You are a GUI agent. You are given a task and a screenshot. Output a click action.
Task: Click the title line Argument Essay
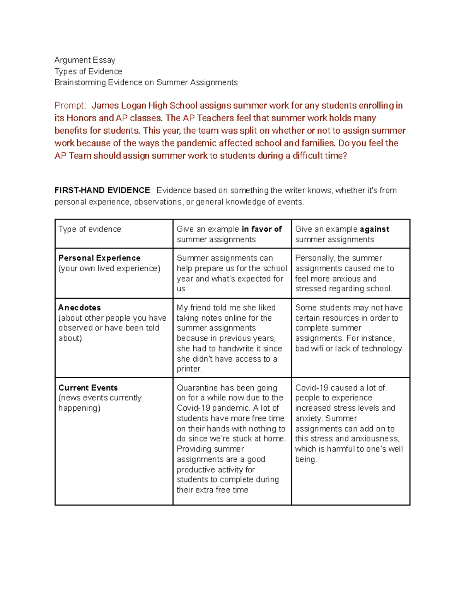85,60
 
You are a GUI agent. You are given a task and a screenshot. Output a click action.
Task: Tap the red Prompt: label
70,105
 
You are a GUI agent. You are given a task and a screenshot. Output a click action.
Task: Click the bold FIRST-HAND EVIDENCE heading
102,190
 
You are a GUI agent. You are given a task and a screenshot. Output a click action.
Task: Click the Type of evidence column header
90,229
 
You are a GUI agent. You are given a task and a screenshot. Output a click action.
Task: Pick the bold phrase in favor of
262,229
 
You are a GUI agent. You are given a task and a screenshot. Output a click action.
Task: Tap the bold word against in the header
374,229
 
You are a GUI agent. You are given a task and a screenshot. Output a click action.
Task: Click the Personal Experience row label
99,258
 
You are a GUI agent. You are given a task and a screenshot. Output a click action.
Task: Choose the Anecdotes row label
79,308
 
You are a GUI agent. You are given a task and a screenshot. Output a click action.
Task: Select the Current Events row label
88,388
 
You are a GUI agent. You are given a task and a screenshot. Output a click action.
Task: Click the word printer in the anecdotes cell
189,369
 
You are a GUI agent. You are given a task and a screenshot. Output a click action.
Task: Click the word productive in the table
195,469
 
